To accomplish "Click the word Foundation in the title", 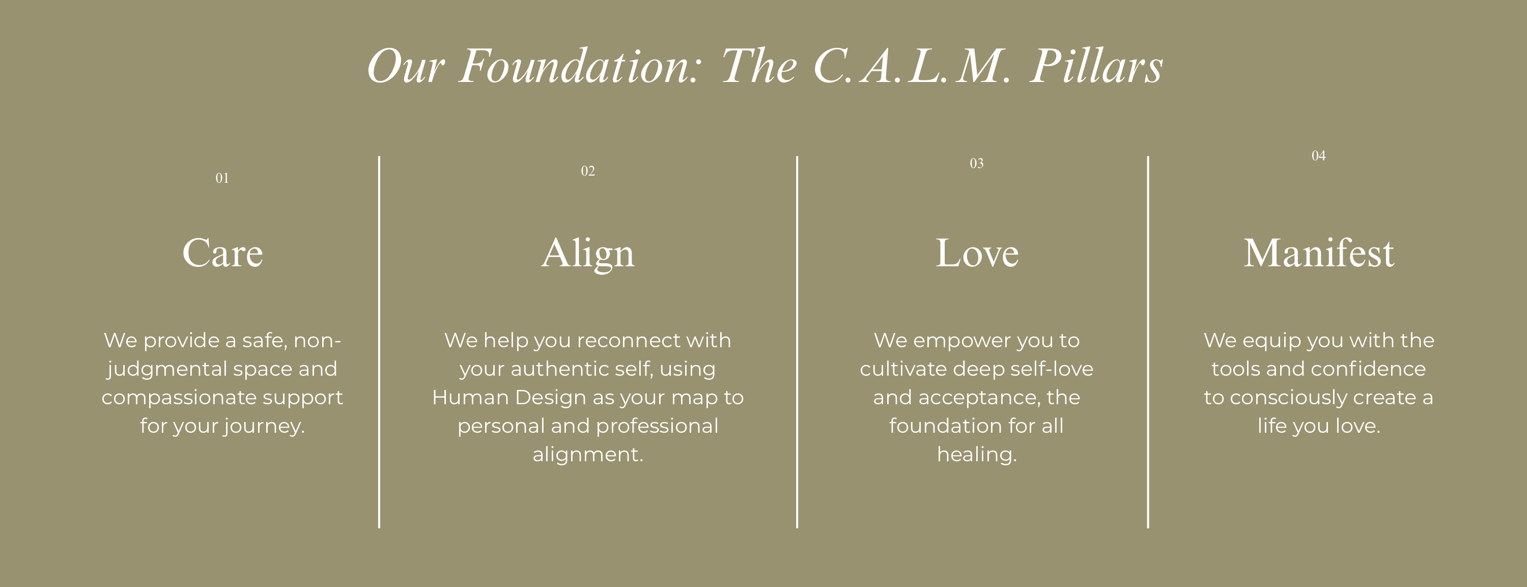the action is pos(580,66).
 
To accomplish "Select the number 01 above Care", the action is pos(222,178).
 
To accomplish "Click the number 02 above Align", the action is pos(587,171).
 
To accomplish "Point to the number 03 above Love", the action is pos(976,163).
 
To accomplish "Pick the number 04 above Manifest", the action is pos(1318,155).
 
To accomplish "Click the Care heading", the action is pos(222,253).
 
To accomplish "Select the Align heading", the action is pos(587,254).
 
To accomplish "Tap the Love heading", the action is pos(977,253).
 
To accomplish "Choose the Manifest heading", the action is pos(1318,253).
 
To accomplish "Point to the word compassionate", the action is pos(179,398).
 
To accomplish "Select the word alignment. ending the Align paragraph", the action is pos(587,455).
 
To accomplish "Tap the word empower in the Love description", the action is pos(962,341).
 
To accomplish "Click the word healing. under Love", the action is pos(977,455).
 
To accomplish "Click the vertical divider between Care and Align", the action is pos(379,342).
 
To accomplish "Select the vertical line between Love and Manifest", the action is pos(1148,342).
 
